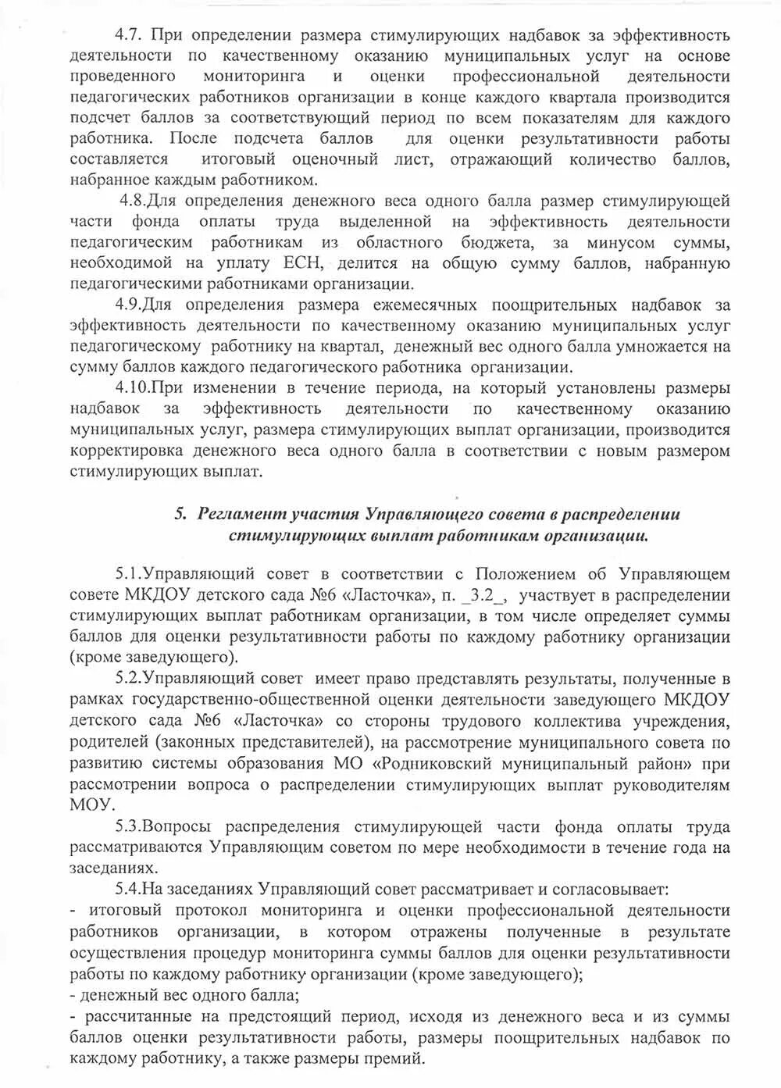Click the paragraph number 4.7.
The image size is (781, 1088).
[x=127, y=34]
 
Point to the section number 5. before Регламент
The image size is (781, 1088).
[x=180, y=514]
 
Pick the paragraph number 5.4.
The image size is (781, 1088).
[x=127, y=889]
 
